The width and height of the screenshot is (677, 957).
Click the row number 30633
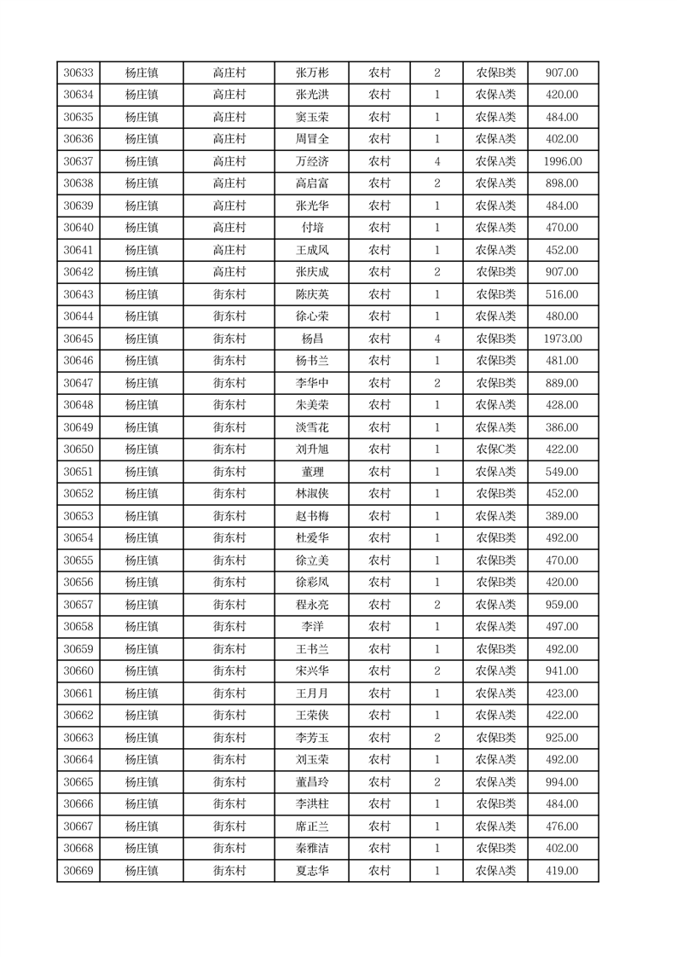pyautogui.click(x=78, y=73)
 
